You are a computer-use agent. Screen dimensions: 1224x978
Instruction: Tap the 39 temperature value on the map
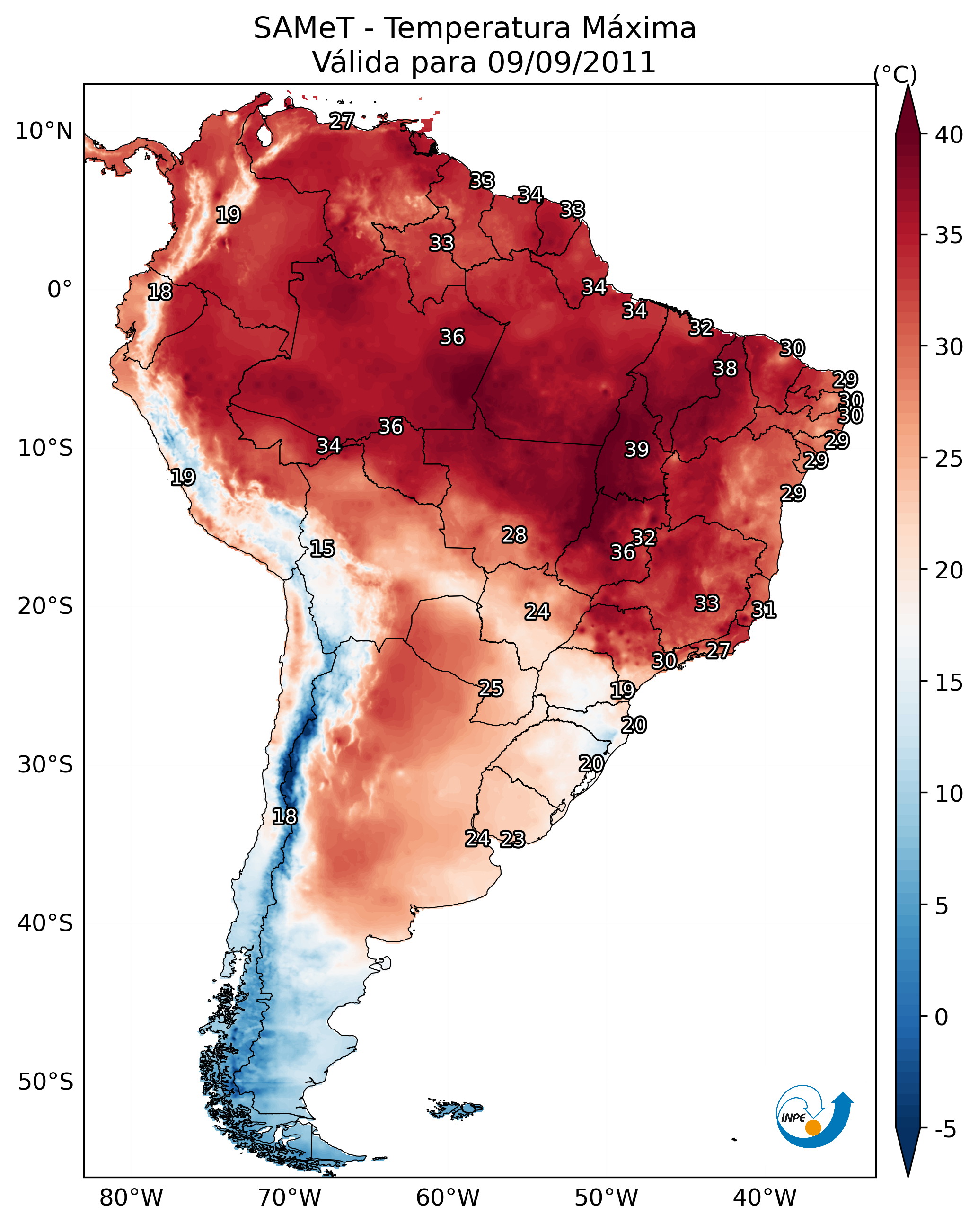coord(636,450)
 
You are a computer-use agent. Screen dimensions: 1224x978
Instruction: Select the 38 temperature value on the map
coord(725,368)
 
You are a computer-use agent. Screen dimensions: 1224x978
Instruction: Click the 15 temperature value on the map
coord(322,549)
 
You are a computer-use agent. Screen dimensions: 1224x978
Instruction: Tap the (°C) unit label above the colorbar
coord(895,74)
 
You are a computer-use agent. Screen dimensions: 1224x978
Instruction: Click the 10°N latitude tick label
coord(44,131)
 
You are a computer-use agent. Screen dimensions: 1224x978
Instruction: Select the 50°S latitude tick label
coord(45,1082)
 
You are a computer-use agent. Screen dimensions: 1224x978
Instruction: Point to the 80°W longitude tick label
coord(131,1198)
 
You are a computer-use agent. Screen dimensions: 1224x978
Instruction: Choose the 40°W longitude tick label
coord(765,1198)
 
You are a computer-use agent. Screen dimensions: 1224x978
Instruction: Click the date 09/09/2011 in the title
coord(571,62)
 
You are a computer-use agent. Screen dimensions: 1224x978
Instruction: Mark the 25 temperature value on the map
coord(490,688)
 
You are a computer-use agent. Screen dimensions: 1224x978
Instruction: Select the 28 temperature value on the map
coord(514,535)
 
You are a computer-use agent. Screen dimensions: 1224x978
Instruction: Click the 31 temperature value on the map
coord(764,610)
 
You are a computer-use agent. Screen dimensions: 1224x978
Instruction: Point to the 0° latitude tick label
coord(60,290)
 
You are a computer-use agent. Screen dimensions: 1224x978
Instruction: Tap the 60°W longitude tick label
coord(448,1198)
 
